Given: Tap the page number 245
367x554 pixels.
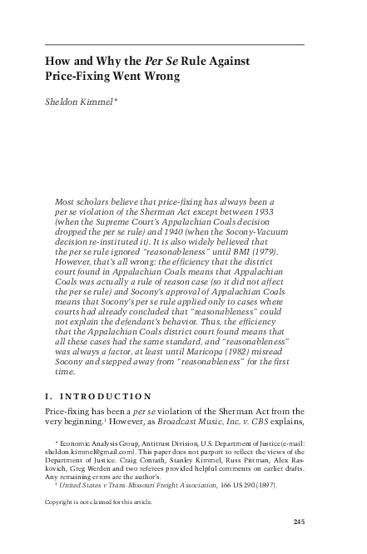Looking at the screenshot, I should (300, 522).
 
